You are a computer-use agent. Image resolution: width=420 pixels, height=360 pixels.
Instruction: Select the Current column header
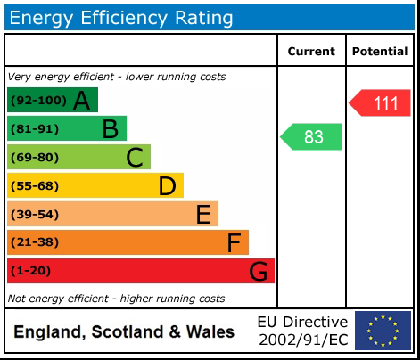311,52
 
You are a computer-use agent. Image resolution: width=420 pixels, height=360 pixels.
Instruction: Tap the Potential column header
380,52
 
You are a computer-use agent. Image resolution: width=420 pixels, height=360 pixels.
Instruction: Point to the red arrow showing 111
381,103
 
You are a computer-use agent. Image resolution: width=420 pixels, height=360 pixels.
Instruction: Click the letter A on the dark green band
81,101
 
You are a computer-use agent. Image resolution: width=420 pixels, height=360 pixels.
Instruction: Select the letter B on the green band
110,129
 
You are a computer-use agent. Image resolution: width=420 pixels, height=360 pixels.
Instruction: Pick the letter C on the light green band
135,158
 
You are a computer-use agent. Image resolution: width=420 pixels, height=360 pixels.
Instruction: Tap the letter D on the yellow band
167,186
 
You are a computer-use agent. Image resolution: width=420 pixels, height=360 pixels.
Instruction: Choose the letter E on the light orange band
203,215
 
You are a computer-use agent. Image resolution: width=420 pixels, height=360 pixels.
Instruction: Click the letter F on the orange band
234,242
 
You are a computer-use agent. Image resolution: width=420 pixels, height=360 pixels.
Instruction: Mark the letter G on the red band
258,271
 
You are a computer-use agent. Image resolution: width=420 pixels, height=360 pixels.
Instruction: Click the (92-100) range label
37,101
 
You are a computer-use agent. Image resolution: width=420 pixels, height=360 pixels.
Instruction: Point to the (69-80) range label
34,158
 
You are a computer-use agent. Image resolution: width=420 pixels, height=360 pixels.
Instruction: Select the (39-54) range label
34,215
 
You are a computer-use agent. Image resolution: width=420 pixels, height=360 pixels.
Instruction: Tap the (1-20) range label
30,271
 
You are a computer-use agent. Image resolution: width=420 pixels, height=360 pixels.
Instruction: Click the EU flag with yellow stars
383,331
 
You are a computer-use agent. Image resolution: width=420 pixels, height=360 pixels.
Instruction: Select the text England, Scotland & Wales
124,332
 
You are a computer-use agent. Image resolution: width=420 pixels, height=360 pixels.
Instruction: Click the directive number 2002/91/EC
302,340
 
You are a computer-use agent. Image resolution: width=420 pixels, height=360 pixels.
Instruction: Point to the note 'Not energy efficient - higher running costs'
116,299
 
